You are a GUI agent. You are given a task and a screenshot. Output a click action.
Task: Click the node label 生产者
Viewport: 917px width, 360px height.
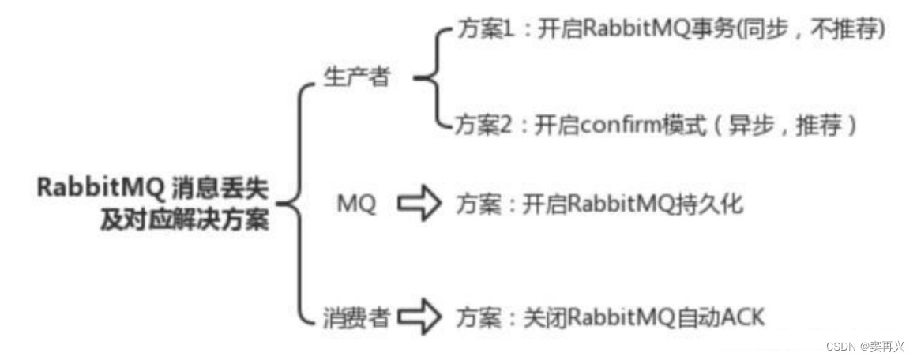point(357,77)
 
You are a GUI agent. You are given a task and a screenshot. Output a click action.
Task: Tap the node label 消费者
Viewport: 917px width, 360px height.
point(356,318)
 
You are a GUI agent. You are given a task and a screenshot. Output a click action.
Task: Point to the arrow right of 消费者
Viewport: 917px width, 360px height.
point(419,318)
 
